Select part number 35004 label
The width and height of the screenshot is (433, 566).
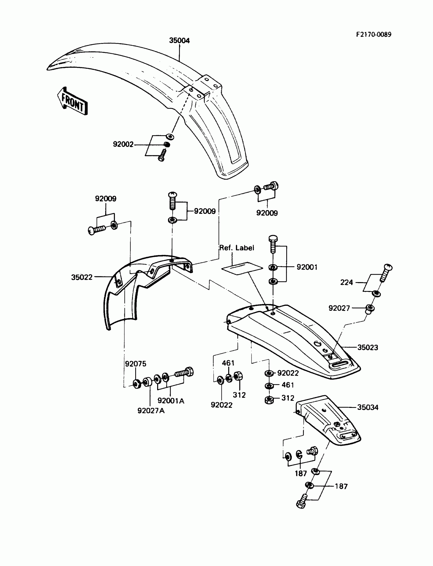click(x=179, y=40)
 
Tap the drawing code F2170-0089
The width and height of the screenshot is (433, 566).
click(x=374, y=34)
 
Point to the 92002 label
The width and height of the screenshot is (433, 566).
click(x=123, y=144)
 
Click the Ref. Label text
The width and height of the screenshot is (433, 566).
click(x=237, y=248)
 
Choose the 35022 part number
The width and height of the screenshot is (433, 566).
click(x=82, y=277)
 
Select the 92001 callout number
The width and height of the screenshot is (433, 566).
click(x=307, y=267)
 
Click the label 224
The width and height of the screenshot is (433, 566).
click(x=346, y=283)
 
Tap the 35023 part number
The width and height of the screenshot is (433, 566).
click(x=368, y=348)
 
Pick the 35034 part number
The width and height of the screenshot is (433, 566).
click(x=368, y=407)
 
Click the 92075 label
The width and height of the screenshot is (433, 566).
click(x=136, y=364)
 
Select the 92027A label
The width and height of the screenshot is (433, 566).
click(x=151, y=411)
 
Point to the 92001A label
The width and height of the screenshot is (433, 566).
click(x=171, y=401)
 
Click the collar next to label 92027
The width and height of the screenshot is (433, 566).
click(x=370, y=309)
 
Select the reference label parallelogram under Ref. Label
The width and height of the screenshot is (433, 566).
click(x=242, y=269)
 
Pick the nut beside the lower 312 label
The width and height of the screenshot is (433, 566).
click(x=269, y=400)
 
